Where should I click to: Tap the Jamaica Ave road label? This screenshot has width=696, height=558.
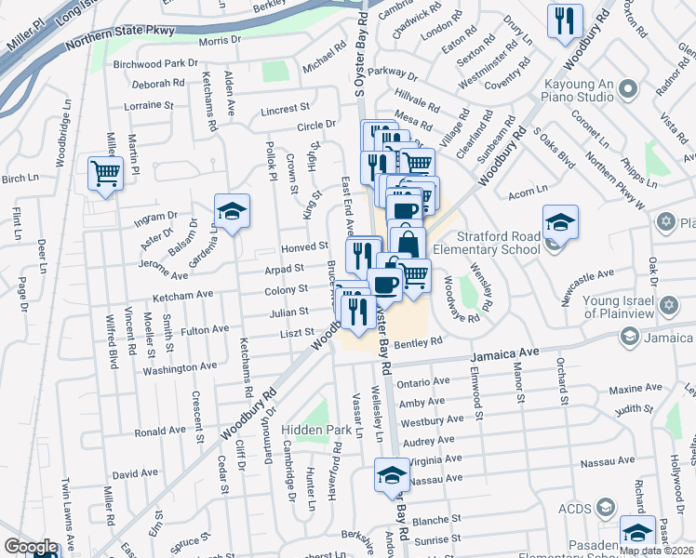tap(504, 354)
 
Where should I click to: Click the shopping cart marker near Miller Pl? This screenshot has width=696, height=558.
tap(105, 173)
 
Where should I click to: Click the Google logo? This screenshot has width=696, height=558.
tap(31, 547)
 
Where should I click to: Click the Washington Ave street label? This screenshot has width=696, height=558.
tap(181, 368)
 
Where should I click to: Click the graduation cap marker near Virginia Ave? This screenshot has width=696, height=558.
tap(392, 475)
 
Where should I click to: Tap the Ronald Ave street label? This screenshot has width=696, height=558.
tap(160, 432)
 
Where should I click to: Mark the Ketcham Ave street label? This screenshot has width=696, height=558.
tap(183, 295)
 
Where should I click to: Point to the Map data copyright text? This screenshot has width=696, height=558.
tap(655, 551)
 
